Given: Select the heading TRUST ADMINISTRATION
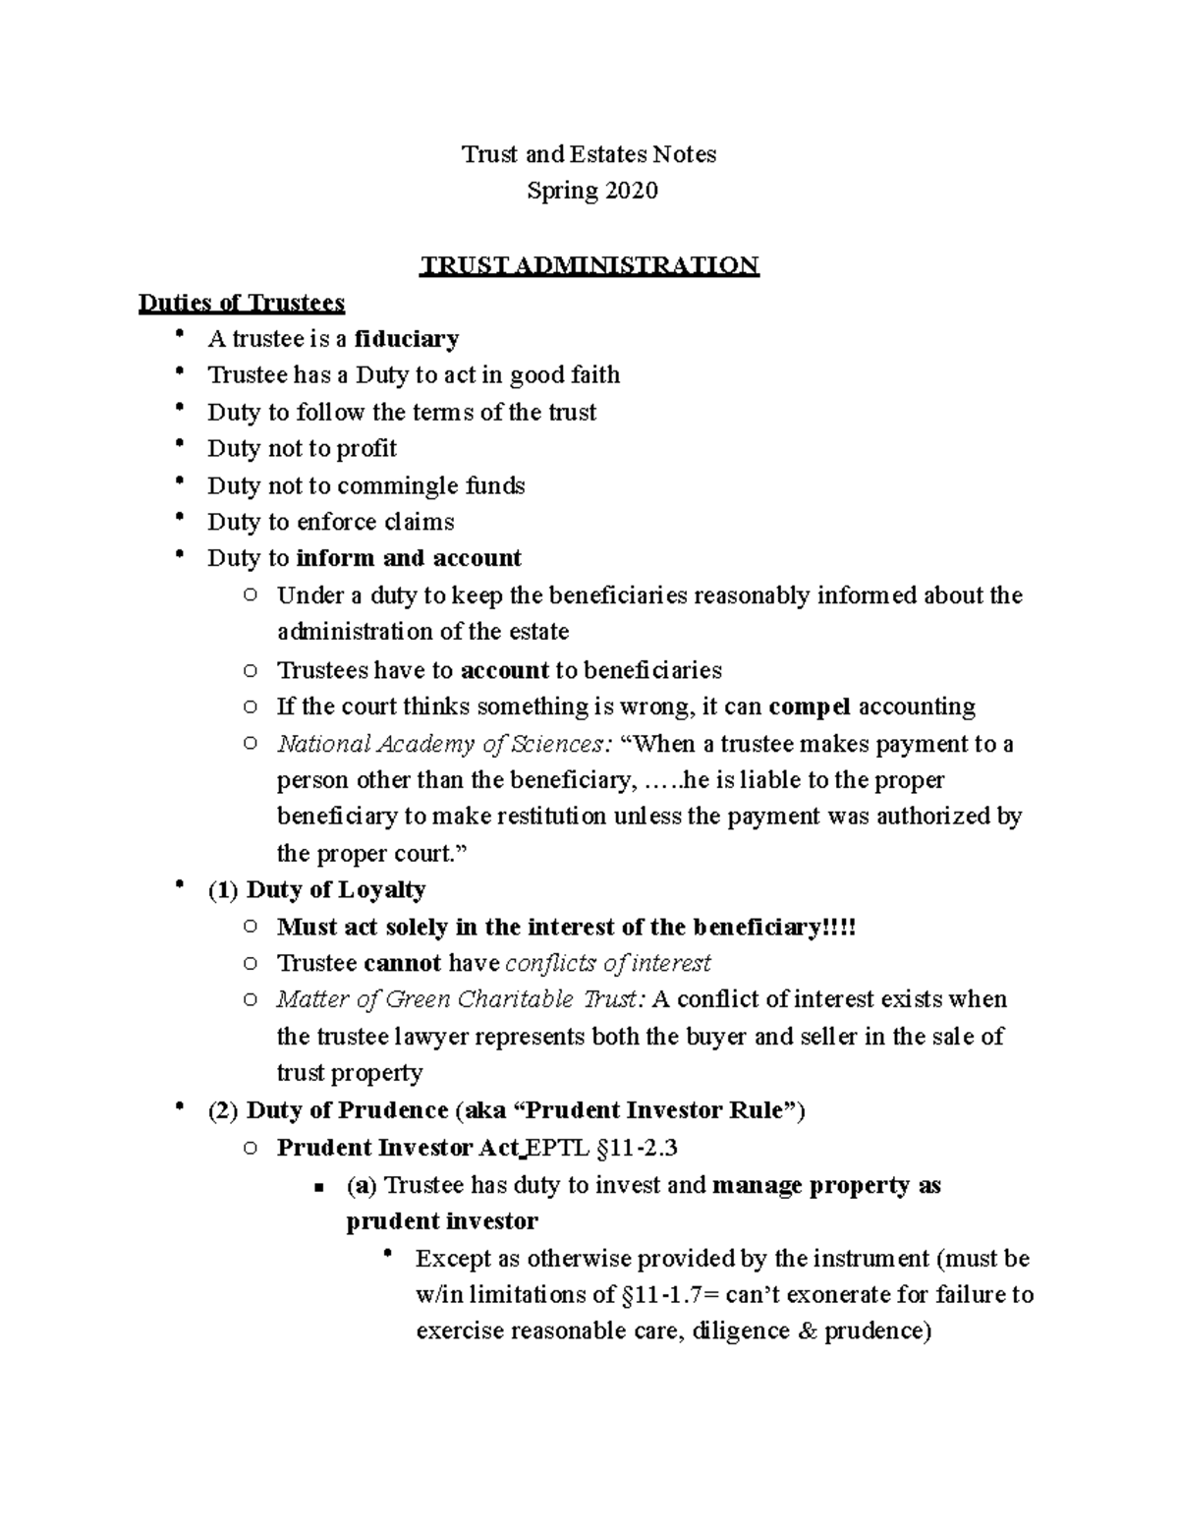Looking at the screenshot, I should (x=589, y=265).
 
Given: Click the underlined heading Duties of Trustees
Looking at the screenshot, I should (x=242, y=303).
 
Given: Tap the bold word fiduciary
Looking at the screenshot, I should (x=407, y=339).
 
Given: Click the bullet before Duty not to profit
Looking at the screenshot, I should (x=178, y=446).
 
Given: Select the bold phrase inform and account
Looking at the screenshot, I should (x=409, y=558).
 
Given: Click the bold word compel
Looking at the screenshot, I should (x=810, y=706).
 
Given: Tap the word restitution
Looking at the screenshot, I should (x=551, y=817).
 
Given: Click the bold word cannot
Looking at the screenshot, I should (x=402, y=963).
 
